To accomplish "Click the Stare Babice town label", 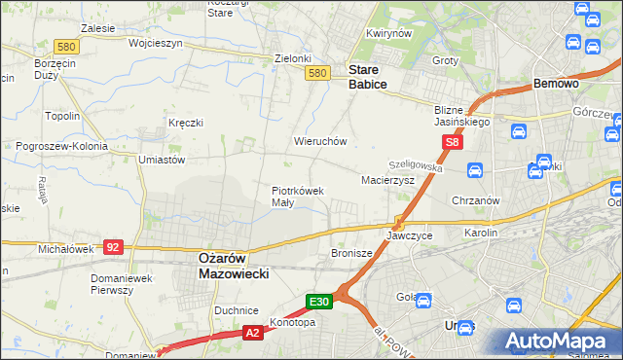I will [x=368, y=77].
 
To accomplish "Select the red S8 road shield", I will [x=452, y=143].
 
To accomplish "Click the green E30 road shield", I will [x=321, y=302].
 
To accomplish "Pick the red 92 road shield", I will [x=113, y=247].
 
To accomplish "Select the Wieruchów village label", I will [x=320, y=141].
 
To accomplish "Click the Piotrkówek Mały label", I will [x=297, y=197].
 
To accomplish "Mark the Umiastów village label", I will [x=162, y=159].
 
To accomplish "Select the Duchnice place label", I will [x=236, y=310].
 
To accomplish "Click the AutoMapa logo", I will [x=564, y=341].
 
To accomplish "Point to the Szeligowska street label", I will [x=416, y=167].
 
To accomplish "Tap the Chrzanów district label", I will [x=475, y=200].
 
